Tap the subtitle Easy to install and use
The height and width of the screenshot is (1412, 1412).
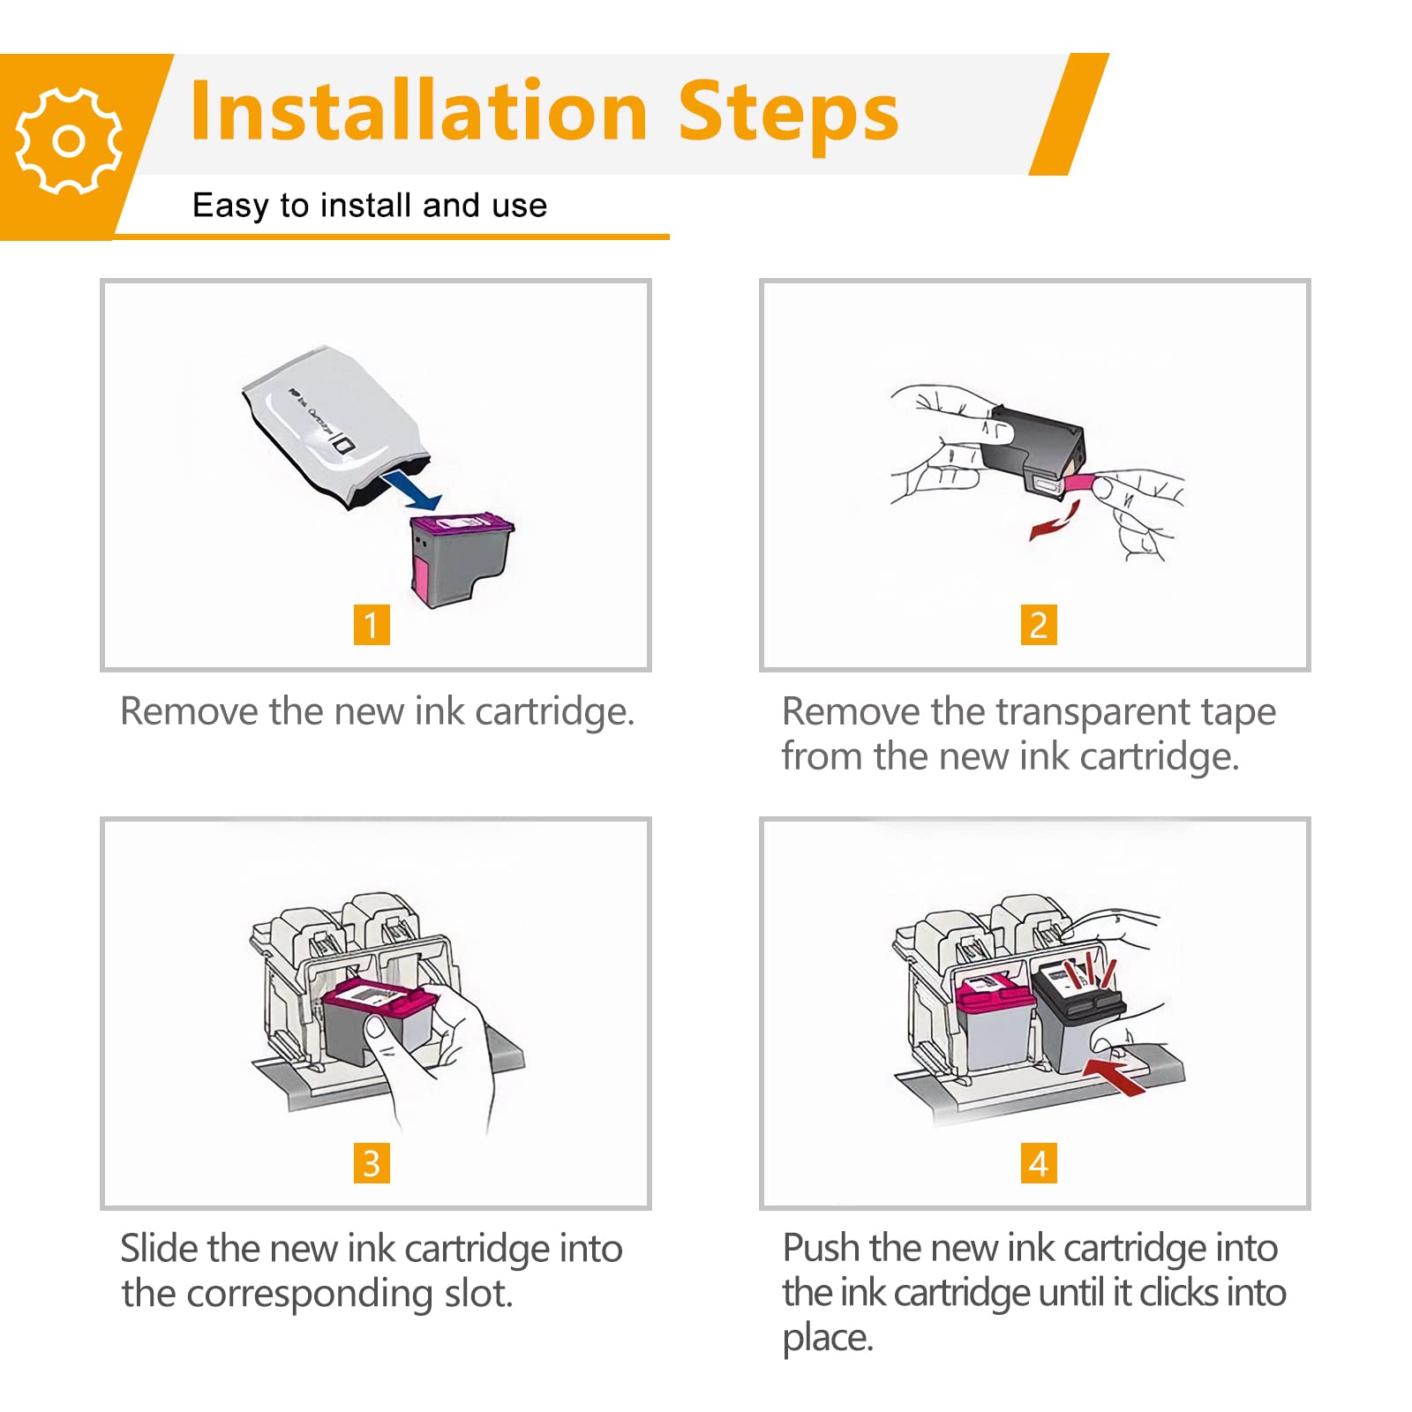[370, 206]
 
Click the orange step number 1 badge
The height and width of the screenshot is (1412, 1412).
[372, 625]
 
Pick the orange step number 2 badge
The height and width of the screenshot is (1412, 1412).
[1039, 625]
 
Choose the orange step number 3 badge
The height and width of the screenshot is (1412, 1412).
[372, 1163]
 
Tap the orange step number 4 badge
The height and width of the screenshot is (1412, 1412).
[1039, 1163]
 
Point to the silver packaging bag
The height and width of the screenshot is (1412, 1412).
[335, 429]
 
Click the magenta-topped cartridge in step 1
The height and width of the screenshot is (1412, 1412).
[460, 560]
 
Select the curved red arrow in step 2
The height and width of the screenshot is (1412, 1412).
[1055, 521]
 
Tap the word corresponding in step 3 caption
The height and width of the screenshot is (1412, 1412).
[310, 1295]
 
